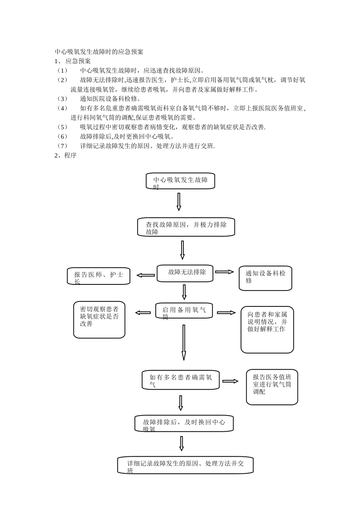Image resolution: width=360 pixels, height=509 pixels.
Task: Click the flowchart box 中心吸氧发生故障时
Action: click(180, 181)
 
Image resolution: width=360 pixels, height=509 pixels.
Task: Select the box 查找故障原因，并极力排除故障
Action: click(186, 227)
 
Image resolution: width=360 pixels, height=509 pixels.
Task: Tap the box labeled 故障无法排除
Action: click(185, 273)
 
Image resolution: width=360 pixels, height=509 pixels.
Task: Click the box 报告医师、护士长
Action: click(99, 276)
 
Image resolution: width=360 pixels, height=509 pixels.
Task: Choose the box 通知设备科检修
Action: click(265, 278)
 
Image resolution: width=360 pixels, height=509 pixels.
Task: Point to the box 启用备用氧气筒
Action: click(184, 311)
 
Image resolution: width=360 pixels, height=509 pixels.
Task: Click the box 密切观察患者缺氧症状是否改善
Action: click(99, 320)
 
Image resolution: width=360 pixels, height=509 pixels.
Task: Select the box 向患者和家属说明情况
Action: click(267, 329)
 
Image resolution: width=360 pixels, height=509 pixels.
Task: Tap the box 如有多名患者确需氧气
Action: click(181, 380)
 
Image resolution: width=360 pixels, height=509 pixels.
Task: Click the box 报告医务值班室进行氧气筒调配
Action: click(272, 387)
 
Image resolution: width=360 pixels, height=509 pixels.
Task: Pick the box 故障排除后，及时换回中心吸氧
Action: click(184, 423)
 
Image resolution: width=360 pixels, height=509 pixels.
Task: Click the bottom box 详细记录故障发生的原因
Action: click(185, 465)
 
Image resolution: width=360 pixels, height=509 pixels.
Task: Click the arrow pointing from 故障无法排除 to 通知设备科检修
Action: click(225, 272)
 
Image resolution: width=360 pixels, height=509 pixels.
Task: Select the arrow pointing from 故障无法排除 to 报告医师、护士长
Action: click(146, 275)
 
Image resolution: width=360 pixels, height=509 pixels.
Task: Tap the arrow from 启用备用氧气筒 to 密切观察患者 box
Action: click(143, 313)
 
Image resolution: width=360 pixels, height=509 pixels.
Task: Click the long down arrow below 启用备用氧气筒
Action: click(184, 342)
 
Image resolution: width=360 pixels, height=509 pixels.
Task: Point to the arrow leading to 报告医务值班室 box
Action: click(230, 381)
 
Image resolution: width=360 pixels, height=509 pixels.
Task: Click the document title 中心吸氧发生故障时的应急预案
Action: click(99, 52)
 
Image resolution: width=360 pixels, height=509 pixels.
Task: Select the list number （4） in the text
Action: click(62, 108)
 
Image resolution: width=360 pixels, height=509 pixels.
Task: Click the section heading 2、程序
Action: click(66, 156)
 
